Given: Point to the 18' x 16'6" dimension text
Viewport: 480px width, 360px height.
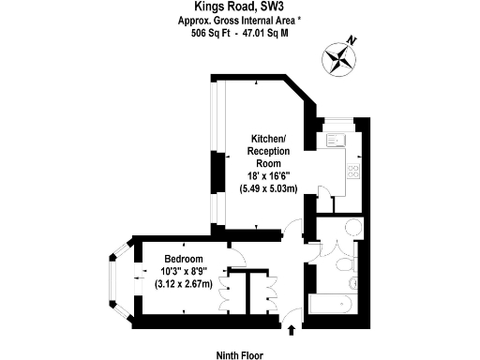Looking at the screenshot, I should click(x=268, y=175).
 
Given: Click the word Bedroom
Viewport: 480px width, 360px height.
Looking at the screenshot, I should click(x=184, y=259).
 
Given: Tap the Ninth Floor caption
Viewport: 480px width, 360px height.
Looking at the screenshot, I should click(x=240, y=355).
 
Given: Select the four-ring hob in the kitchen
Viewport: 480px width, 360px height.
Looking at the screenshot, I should click(x=353, y=172).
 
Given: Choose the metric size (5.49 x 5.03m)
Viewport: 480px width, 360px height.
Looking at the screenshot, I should click(x=268, y=188).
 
